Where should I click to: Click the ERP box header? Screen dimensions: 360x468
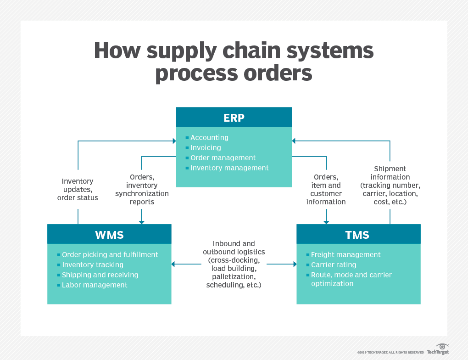tap(234, 117)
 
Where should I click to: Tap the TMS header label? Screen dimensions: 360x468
tap(357, 235)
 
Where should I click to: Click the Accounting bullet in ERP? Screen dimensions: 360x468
tap(209, 138)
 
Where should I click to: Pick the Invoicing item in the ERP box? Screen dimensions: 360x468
tap(206, 148)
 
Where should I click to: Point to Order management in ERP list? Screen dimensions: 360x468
tap(223, 158)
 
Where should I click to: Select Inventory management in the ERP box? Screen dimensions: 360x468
tap(229, 168)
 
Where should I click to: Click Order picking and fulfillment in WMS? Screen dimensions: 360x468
tap(110, 255)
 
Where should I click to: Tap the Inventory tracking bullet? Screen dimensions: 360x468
tap(92, 265)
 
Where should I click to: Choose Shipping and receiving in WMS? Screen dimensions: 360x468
tap(100, 275)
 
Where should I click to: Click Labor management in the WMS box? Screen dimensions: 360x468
tap(95, 285)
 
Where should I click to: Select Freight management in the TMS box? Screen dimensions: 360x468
tap(345, 255)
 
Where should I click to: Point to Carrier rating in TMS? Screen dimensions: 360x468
tap(334, 265)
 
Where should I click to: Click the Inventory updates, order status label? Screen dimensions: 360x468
tap(78, 190)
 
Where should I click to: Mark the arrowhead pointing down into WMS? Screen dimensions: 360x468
tap(142, 222)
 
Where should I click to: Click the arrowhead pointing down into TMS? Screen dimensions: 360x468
tap(326, 222)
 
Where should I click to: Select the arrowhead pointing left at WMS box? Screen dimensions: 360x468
tap(173, 264)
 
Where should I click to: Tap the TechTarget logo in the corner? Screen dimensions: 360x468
tap(438, 349)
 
